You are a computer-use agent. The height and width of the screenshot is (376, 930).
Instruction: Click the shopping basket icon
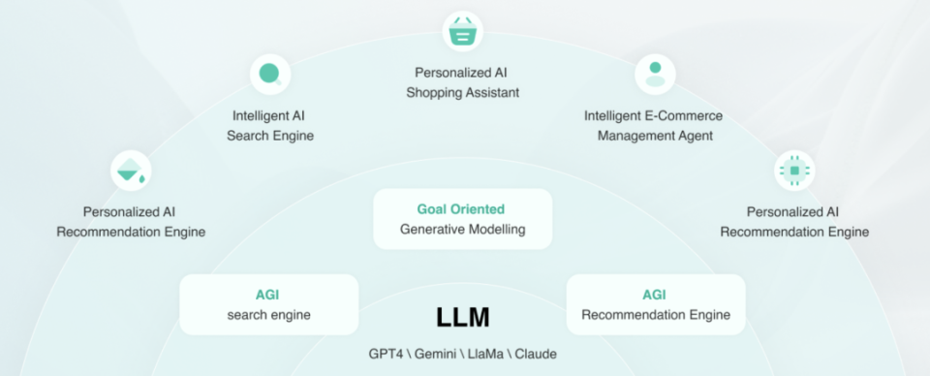pos(463,31)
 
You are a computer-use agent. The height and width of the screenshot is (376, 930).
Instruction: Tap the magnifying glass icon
pos(270,74)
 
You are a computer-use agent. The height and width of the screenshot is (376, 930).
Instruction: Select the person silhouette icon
pos(655,74)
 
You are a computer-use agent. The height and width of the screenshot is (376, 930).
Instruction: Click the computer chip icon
pos(794,171)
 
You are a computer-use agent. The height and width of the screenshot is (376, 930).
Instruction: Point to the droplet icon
pos(131,171)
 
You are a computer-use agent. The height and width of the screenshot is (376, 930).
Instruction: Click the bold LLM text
pos(463,317)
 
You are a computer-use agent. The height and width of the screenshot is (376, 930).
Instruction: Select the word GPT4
pos(386,354)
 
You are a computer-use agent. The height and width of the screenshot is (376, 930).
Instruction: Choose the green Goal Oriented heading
pos(461,209)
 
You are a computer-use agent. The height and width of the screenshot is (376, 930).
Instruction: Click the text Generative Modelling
pos(462,230)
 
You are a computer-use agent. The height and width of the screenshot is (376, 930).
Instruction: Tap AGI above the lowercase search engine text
pos(267,295)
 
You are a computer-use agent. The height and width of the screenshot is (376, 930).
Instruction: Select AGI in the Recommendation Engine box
pos(655,295)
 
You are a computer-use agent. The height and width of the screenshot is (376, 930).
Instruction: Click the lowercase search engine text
pos(268,315)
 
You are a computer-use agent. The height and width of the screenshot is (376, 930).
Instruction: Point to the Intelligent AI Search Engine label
pos(270,126)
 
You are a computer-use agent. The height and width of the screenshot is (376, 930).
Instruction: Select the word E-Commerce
pos(685,116)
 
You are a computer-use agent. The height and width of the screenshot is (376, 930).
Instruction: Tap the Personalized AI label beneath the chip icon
pos(793,211)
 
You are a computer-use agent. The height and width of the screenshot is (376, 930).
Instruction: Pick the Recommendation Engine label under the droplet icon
pos(131,232)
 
